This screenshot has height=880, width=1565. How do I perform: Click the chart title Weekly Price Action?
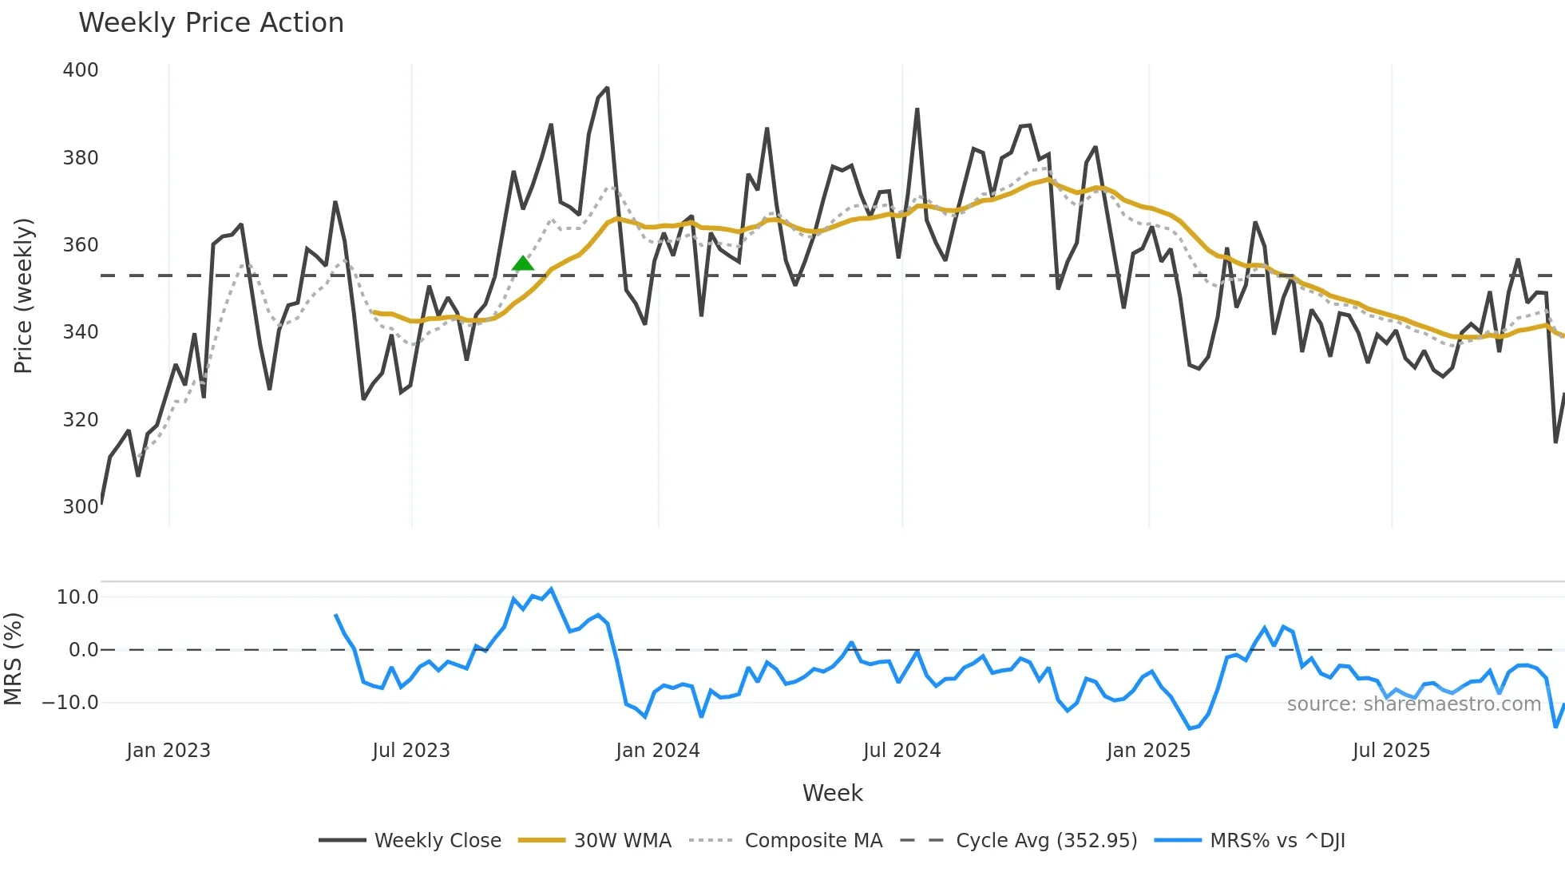pos(211,23)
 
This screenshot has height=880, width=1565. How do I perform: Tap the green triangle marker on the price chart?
pos(523,264)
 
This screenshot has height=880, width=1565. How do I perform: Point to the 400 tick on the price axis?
pos(81,70)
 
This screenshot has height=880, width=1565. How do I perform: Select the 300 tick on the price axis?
pos(81,507)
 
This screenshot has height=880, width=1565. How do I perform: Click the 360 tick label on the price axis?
pos(81,245)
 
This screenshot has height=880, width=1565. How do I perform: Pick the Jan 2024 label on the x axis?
pos(657,751)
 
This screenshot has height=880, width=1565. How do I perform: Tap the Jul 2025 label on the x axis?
pos(1391,751)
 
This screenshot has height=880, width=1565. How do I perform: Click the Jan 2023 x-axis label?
pos(168,751)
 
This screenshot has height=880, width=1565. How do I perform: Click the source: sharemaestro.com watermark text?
pos(1413,704)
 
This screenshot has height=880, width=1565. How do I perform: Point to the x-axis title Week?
pos(832,793)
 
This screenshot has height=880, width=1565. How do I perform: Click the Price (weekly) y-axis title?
pos(23,295)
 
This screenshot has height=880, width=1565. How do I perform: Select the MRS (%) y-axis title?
pos(13,659)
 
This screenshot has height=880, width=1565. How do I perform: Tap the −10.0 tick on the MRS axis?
pos(70,703)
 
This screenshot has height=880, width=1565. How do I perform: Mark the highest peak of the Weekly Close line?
pos(607,88)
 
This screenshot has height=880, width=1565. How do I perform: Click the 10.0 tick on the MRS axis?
pos(77,597)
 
